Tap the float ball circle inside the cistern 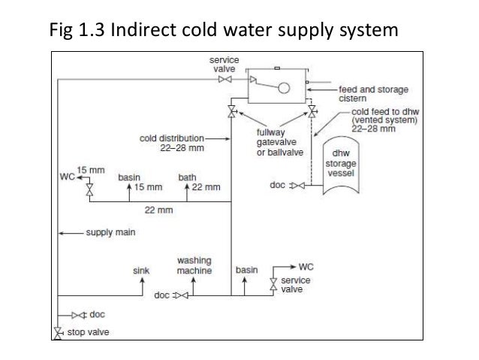[285, 87]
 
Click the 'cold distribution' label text [171, 138]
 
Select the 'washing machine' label [194, 265]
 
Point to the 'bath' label [187, 177]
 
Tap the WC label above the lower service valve [307, 266]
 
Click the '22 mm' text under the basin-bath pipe [156, 210]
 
